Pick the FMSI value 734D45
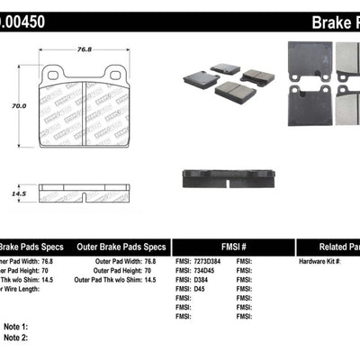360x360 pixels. pyautogui.click(x=202, y=271)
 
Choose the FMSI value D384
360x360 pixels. pyautogui.click(x=197, y=281)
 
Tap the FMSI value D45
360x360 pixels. pyautogui.click(x=195, y=290)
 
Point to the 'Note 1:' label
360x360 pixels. pyautogui.click(x=16, y=327)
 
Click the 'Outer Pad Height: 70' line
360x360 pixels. pyautogui.click(x=121, y=271)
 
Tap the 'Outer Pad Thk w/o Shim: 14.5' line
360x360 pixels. pyautogui.click(x=121, y=281)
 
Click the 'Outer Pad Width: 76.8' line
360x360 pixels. pyautogui.click(x=121, y=262)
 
